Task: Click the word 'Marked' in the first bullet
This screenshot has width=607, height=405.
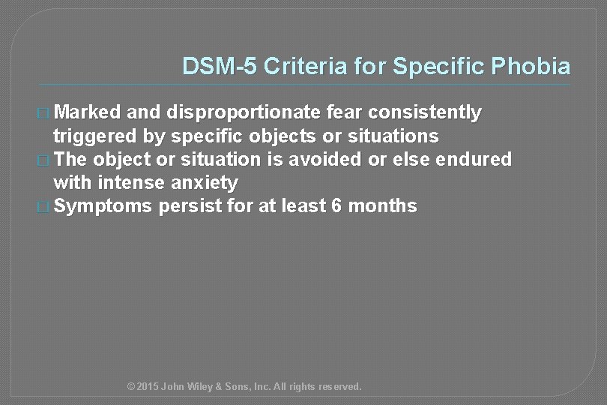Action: tap(88, 113)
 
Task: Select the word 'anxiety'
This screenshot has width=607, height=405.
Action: tap(208, 183)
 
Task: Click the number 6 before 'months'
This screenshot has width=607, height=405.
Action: tap(334, 206)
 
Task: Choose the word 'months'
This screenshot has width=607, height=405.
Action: tap(382, 206)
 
